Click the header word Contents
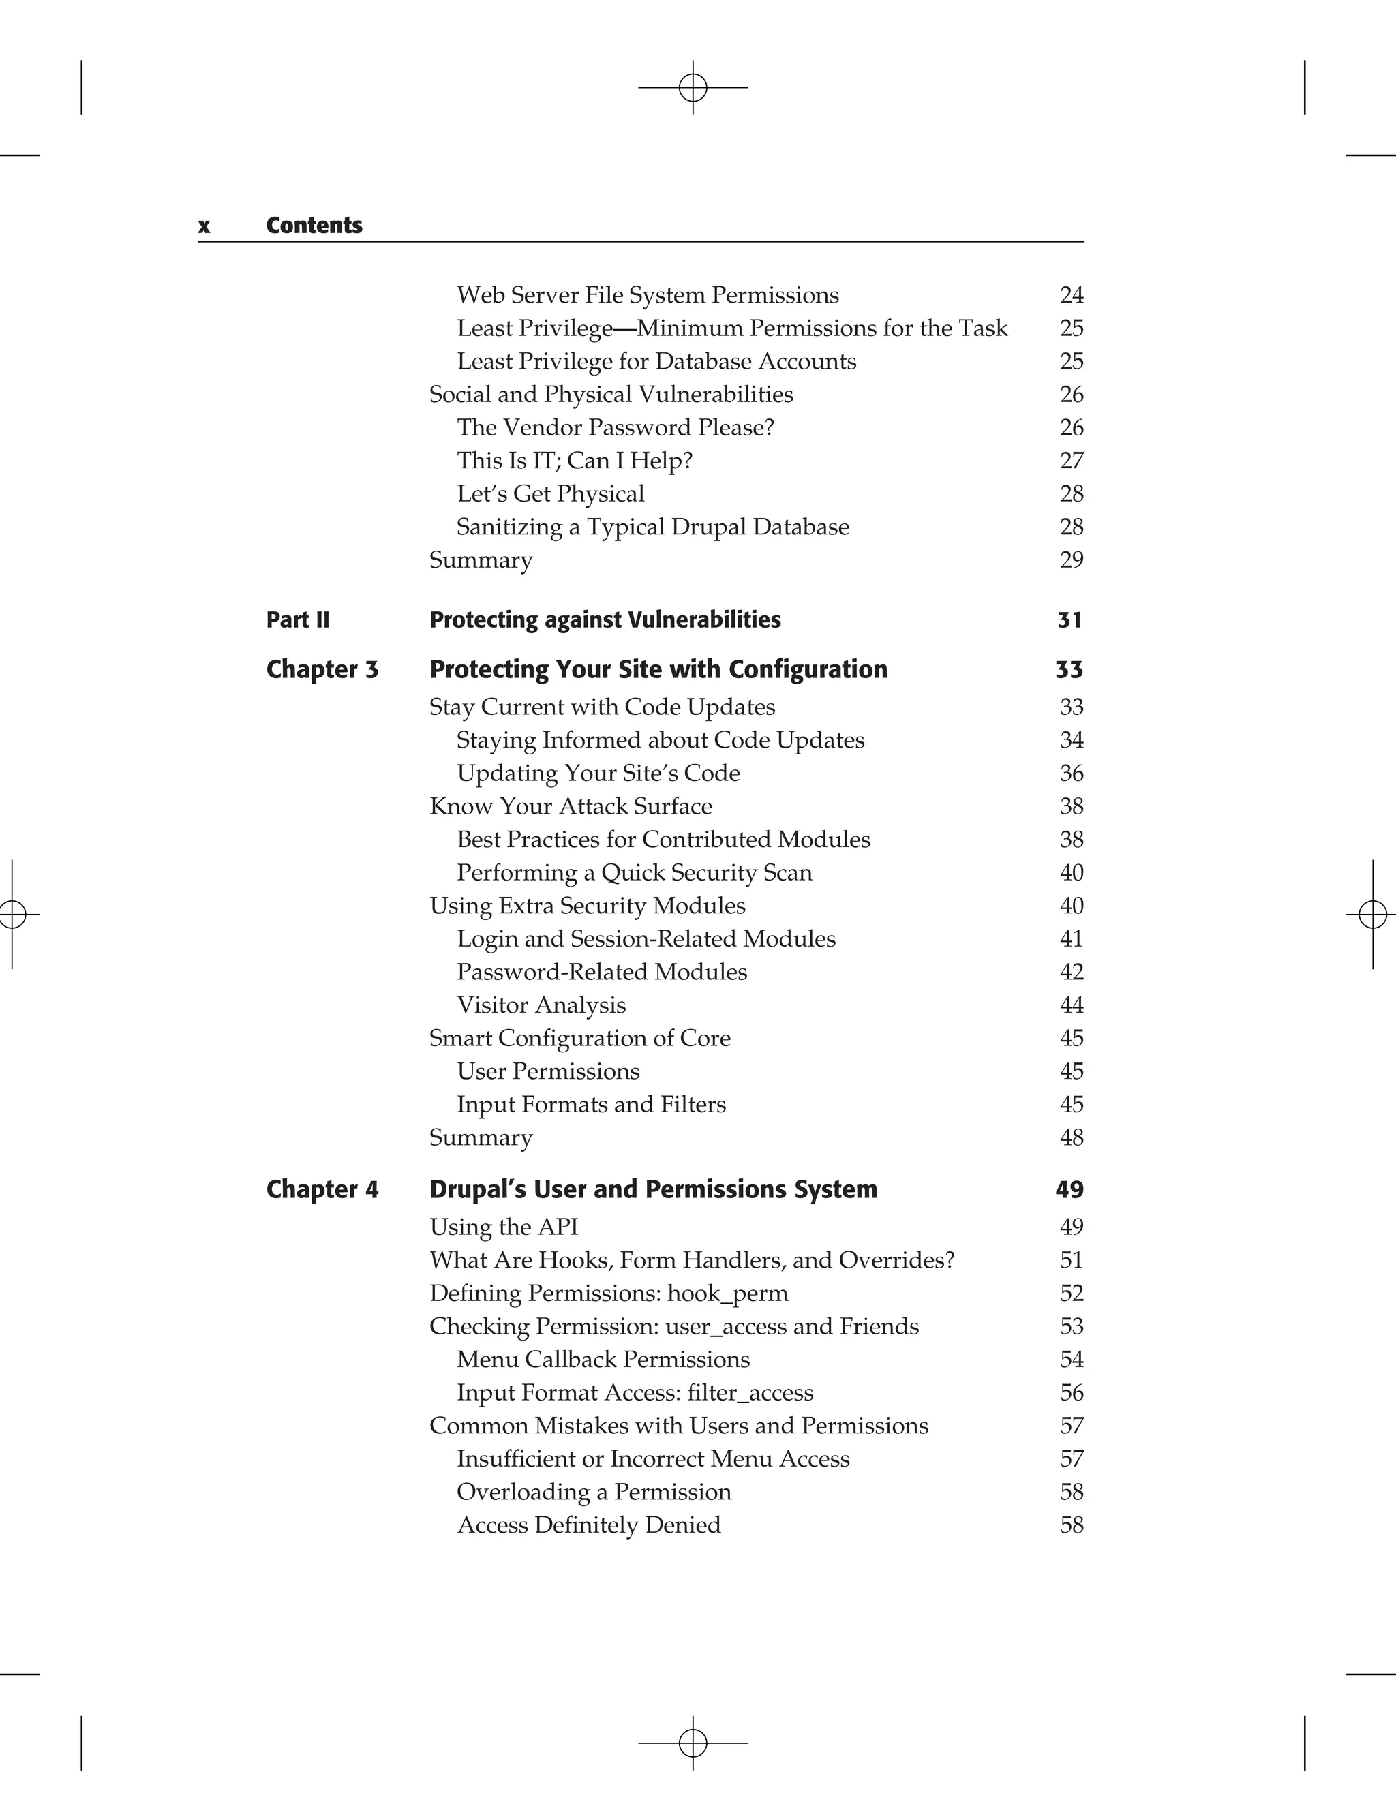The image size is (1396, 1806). pyautogui.click(x=314, y=226)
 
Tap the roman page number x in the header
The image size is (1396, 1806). pyautogui.click(x=203, y=226)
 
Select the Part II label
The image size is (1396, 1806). pyautogui.click(x=298, y=619)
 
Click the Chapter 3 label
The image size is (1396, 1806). pyautogui.click(x=322, y=669)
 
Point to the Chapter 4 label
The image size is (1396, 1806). pyautogui.click(x=322, y=1189)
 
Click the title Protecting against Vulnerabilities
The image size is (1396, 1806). pyautogui.click(x=605, y=619)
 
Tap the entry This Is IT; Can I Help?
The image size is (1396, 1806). pyautogui.click(x=574, y=461)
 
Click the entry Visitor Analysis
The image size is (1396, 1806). pyautogui.click(x=541, y=1005)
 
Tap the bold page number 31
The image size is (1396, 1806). pyautogui.click(x=1069, y=619)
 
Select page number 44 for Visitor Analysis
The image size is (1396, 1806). pyautogui.click(x=1071, y=1005)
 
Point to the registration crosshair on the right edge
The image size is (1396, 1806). pyautogui.click(x=1372, y=914)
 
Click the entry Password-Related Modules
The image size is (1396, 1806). pyautogui.click(x=601, y=972)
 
